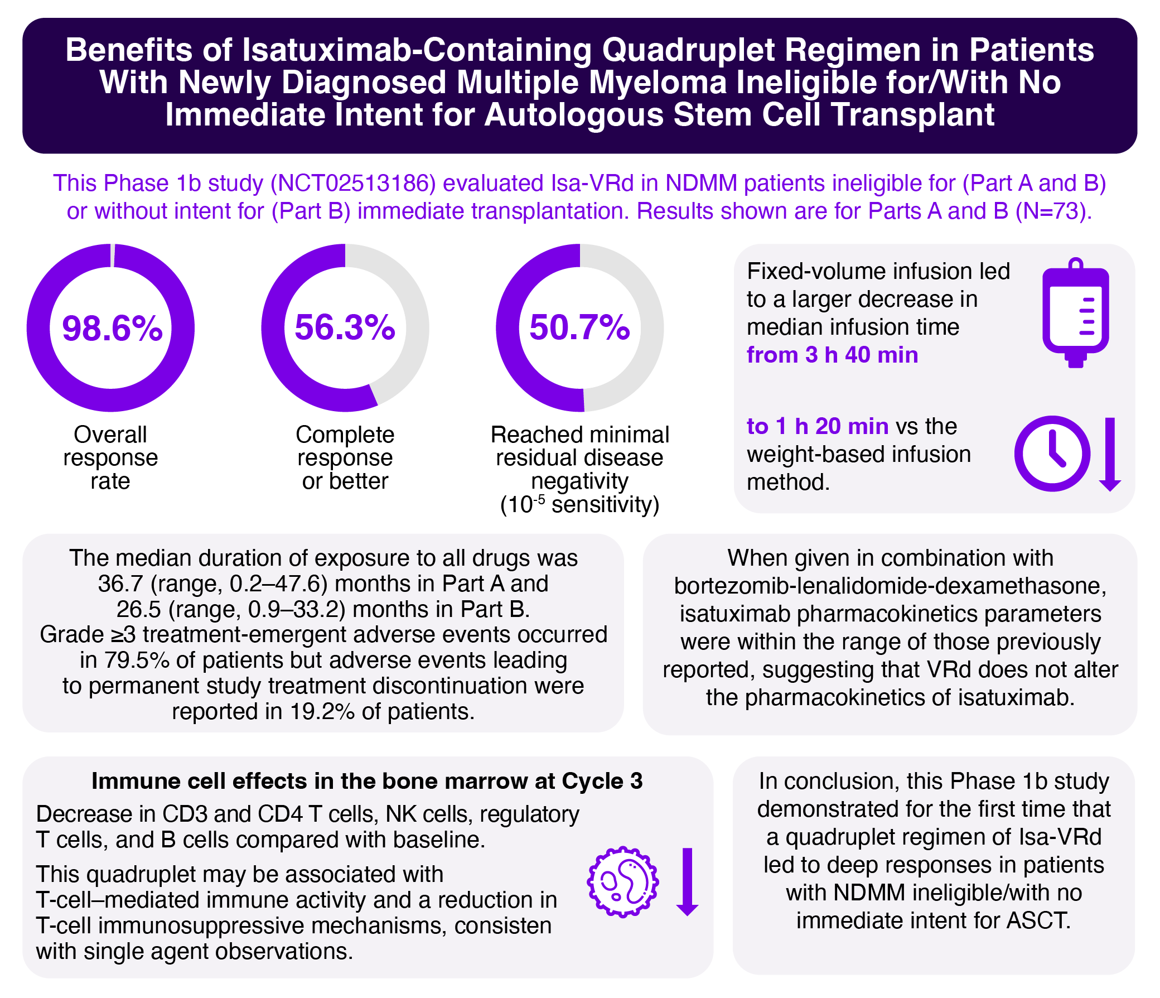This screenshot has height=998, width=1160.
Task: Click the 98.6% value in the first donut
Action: pos(112,328)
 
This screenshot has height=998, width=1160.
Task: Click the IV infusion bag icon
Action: pos(1075,314)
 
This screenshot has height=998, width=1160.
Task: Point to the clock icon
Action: pos(1052,454)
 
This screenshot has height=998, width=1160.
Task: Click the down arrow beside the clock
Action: pos(1110,454)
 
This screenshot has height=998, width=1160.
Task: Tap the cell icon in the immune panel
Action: pos(622,881)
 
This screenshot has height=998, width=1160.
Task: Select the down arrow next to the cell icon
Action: pos(687,881)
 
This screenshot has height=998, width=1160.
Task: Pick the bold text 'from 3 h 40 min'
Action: pos(832,355)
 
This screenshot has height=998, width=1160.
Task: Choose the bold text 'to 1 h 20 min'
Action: pos(818,427)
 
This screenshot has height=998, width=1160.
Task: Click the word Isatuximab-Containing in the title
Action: pos(417,50)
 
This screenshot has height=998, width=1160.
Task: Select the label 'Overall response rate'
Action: pos(110,457)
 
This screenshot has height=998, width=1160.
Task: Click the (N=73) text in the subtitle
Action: pos(1053,211)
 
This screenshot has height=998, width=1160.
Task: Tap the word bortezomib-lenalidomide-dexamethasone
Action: pos(890,586)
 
